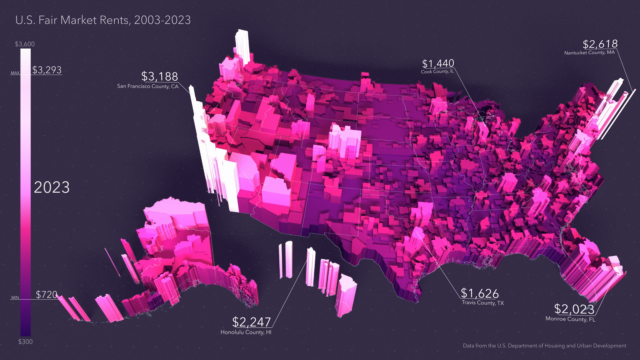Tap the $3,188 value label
(160, 76)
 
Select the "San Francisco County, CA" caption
(148, 88)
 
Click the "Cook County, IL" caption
(439, 72)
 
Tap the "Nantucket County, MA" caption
(590, 52)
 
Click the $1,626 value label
(481, 293)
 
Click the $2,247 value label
(252, 321)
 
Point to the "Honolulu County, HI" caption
(246, 332)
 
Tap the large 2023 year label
(52, 187)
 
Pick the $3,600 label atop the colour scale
(25, 44)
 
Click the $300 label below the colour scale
(24, 341)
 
